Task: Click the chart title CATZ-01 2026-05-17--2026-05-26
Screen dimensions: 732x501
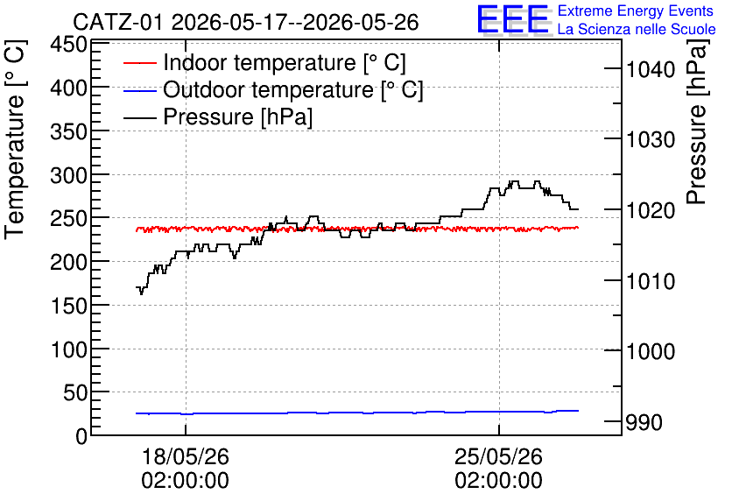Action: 246,22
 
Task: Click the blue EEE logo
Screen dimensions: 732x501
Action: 512,19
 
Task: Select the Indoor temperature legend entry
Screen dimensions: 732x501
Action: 264,62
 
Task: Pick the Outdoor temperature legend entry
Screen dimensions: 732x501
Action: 273,89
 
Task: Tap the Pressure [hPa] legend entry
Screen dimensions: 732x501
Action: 218,116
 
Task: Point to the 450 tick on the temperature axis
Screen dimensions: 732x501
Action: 69,46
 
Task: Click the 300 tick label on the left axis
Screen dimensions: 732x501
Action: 69,176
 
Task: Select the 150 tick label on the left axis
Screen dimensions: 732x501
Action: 69,307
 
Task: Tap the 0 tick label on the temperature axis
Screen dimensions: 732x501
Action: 81,436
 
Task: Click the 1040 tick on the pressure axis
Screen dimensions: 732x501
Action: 651,69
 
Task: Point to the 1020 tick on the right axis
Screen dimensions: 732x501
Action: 651,210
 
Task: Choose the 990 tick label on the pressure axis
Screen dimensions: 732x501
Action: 644,422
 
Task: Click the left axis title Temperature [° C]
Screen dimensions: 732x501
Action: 15,139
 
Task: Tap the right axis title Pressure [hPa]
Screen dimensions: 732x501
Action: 698,122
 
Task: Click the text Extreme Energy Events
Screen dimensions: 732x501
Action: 636,11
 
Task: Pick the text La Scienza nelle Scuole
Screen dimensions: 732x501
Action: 637,29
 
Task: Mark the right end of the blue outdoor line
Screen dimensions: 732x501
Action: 579,411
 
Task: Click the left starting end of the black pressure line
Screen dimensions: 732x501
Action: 137,287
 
